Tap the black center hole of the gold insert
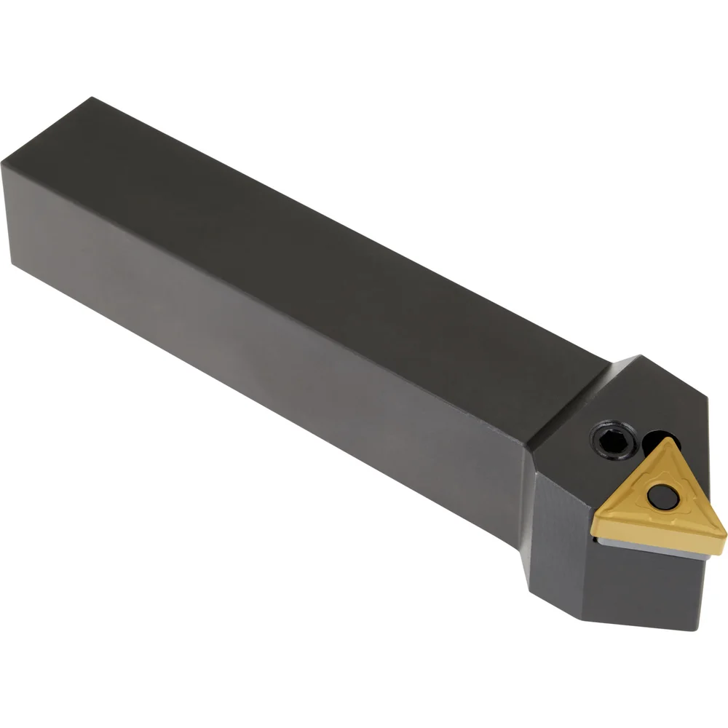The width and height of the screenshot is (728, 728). [663, 497]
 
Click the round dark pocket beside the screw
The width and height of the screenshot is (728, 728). [660, 442]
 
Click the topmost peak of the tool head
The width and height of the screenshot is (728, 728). [641, 356]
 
